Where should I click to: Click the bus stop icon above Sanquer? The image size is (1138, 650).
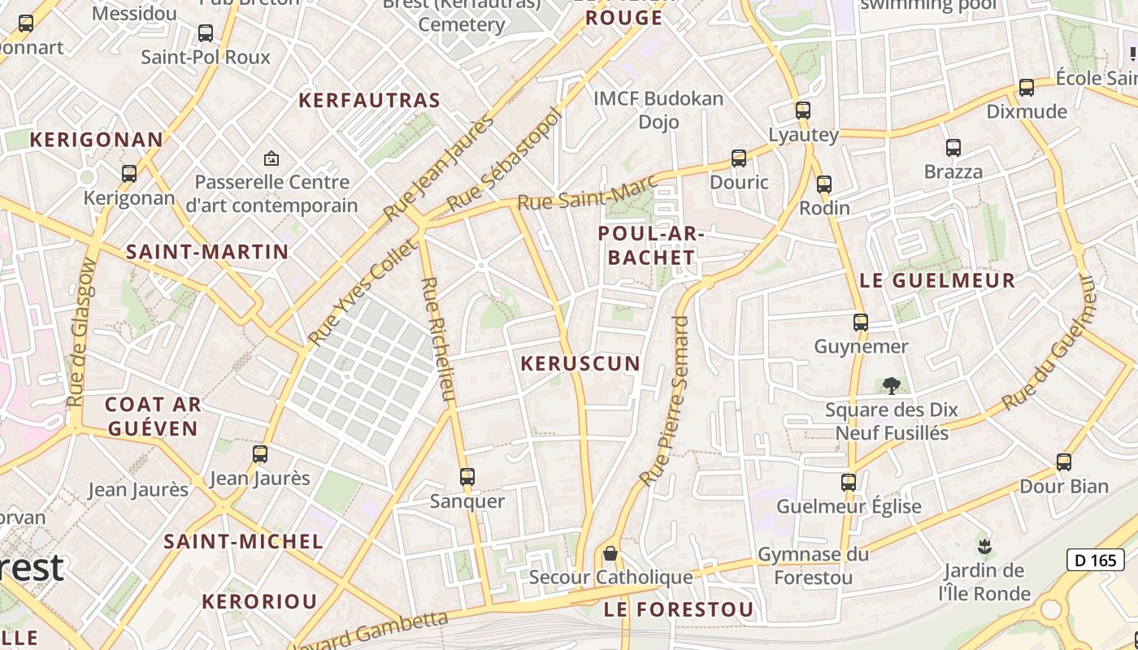tap(467, 477)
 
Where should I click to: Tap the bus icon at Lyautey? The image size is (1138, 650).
tap(803, 110)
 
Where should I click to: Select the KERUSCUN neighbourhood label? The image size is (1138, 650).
tap(580, 363)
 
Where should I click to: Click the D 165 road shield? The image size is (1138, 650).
tap(1095, 560)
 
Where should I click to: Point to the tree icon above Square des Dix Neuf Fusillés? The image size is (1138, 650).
tap(892, 385)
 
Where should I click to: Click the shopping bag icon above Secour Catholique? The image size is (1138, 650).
tap(610, 553)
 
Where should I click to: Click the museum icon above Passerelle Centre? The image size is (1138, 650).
tap(271, 158)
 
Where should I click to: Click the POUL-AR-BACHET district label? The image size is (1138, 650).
tap(648, 245)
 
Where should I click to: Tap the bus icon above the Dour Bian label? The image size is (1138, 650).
tap(1063, 462)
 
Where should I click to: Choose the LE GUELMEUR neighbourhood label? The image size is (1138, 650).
tap(937, 281)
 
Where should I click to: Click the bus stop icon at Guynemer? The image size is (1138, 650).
tap(861, 323)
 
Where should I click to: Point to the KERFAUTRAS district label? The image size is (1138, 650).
tap(369, 101)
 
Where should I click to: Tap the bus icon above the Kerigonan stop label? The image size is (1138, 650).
tap(129, 174)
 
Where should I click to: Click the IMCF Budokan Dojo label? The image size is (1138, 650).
tap(658, 110)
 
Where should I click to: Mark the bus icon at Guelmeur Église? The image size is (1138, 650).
tap(849, 483)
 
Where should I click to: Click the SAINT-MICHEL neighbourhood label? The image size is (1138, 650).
tap(243, 541)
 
